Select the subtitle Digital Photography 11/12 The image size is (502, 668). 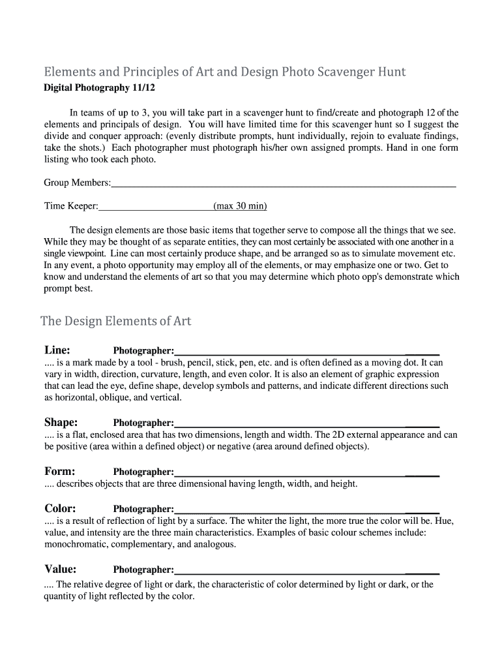click(100, 87)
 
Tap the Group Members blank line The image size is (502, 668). click(284, 185)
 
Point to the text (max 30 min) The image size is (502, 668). click(240, 206)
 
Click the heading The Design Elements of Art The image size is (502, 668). click(115, 321)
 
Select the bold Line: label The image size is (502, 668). click(57, 350)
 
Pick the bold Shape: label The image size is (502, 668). click(61, 422)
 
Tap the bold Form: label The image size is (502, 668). click(60, 472)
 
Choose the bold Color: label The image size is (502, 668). click(61, 509)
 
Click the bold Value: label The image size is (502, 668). click(61, 569)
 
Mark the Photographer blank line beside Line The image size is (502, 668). click(306, 353)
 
